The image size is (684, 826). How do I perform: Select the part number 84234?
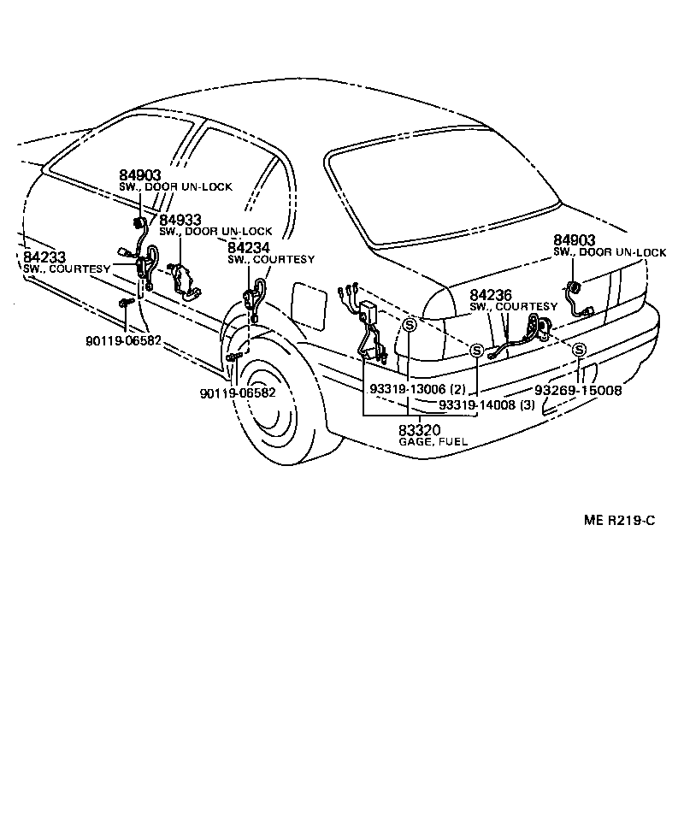(248, 247)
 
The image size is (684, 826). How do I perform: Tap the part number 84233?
(42, 257)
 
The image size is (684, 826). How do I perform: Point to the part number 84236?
(490, 295)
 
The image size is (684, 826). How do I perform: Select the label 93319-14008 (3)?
(486, 404)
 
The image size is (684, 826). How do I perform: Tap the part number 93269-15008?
(578, 390)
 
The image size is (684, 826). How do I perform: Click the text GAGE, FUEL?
(433, 442)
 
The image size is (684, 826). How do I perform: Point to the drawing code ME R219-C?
(620, 520)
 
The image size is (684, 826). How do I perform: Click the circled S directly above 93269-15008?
(579, 349)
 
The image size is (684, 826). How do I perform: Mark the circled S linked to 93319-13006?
(410, 325)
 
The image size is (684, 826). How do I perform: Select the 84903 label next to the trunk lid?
(574, 240)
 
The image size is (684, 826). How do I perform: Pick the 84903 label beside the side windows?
(139, 174)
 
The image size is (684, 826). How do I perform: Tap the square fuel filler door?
(309, 307)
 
